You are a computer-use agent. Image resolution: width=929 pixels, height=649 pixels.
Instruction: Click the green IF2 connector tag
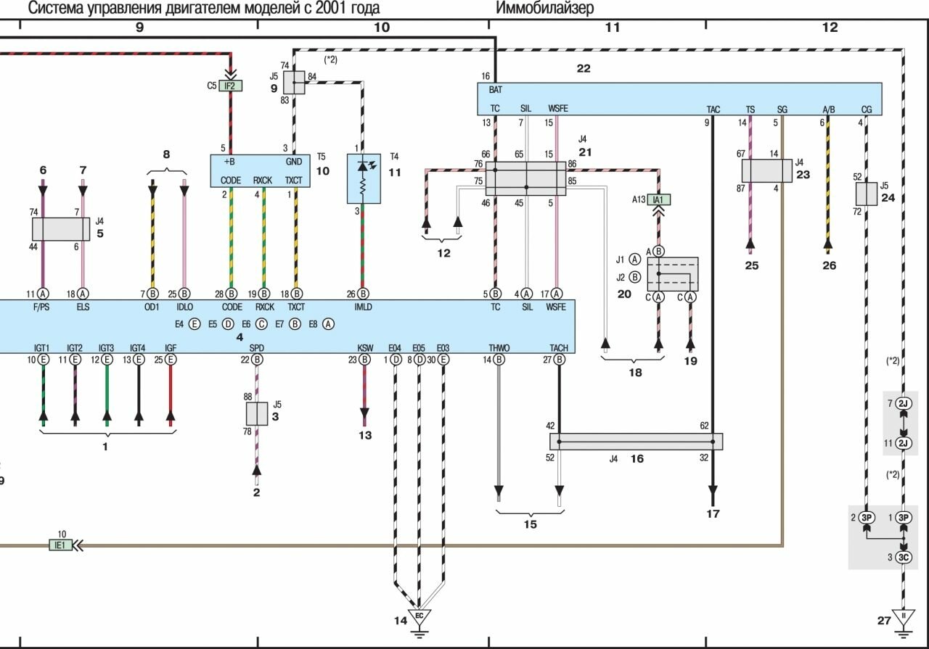pyautogui.click(x=230, y=86)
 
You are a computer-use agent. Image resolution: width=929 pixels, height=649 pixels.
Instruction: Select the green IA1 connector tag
pyautogui.click(x=658, y=199)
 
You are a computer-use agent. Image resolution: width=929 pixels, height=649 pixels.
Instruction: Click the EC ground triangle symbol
pyautogui.click(x=418, y=617)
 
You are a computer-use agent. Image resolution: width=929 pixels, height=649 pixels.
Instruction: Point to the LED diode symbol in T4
pyautogui.click(x=364, y=167)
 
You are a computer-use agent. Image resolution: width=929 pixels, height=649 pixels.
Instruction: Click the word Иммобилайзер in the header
pyautogui.click(x=544, y=8)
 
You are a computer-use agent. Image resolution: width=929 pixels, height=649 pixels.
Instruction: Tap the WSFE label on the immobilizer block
pyautogui.click(x=558, y=109)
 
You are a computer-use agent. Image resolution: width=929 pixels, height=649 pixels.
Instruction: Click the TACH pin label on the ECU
pyautogui.click(x=559, y=348)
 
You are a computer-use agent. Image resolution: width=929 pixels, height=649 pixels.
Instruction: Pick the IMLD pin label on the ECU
pyautogui.click(x=363, y=307)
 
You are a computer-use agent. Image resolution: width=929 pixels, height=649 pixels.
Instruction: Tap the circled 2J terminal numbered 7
pyautogui.click(x=904, y=402)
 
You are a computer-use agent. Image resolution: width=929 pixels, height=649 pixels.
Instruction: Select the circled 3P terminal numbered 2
pyautogui.click(x=866, y=518)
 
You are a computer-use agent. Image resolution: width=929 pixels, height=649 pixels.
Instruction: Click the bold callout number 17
pyautogui.click(x=713, y=514)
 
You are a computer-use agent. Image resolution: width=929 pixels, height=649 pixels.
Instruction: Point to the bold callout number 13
pyautogui.click(x=364, y=435)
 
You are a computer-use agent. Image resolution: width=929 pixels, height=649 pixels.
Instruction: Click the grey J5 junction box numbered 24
pyautogui.click(x=867, y=194)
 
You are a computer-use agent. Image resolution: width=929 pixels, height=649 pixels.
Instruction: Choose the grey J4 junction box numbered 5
pyautogui.click(x=60, y=228)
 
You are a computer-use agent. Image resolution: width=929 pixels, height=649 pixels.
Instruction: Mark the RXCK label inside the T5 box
pyautogui.click(x=262, y=181)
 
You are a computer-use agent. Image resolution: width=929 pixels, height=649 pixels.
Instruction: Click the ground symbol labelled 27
pyautogui.click(x=904, y=620)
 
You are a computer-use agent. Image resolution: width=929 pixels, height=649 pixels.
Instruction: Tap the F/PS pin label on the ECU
pyautogui.click(x=42, y=307)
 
